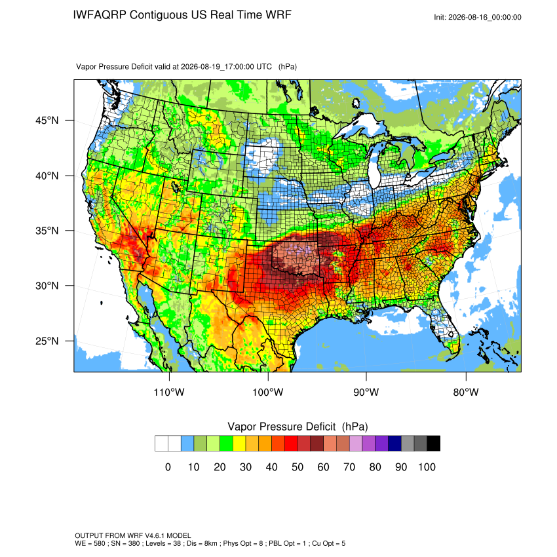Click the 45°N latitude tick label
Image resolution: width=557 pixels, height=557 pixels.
coord(47,121)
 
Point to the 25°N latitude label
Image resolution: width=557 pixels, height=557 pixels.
coord(47,341)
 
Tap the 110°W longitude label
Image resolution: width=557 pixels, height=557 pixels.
coord(169,392)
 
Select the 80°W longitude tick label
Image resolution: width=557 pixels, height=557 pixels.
coord(466,392)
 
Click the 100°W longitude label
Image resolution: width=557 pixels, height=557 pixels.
coord(268,392)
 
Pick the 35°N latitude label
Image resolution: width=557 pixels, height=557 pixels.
coord(47,231)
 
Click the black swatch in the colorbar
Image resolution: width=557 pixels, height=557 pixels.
coord(433,444)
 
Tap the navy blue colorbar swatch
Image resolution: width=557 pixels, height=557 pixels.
coord(394,444)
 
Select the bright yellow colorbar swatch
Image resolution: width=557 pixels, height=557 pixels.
coord(239,444)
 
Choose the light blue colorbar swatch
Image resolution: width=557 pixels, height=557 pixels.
coord(187,444)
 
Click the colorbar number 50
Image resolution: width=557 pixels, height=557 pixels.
coord(298,467)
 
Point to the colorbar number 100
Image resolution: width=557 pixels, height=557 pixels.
coord(427,467)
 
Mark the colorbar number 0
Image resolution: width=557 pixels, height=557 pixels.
coord(168,467)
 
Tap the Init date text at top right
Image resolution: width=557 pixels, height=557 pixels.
coord(478,17)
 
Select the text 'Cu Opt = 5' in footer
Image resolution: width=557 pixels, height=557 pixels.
coord(328,543)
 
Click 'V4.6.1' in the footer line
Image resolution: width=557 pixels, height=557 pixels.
coord(155,535)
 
